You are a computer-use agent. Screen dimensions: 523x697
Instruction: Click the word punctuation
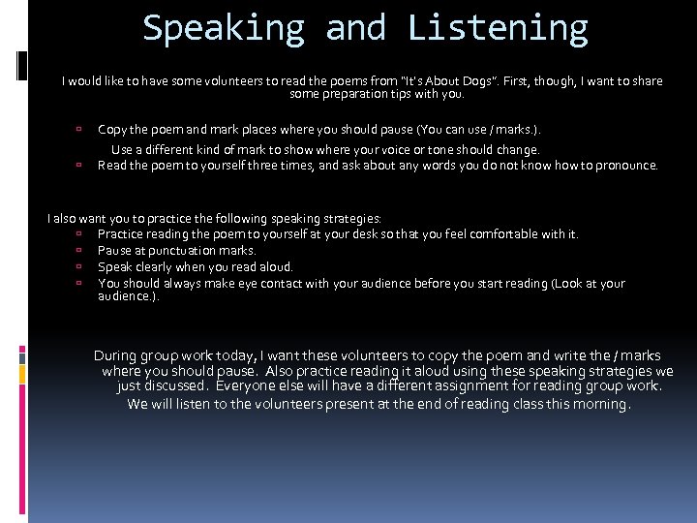coord(189,251)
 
